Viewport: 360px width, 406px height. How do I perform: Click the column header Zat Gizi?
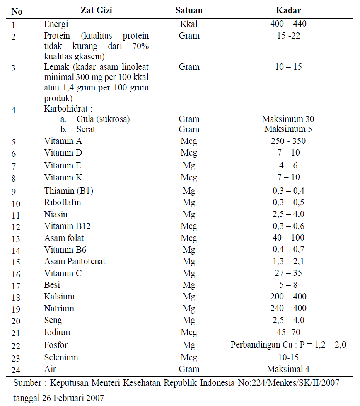(96, 11)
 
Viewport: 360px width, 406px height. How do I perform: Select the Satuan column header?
(189, 11)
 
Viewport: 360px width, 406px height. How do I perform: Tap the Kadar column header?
(288, 11)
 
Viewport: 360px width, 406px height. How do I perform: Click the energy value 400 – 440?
(288, 24)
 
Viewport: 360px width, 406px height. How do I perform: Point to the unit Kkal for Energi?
(189, 24)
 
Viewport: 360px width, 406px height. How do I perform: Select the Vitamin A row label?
(63, 141)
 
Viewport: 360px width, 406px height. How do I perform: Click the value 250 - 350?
(288, 141)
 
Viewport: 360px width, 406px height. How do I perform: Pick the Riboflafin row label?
(63, 202)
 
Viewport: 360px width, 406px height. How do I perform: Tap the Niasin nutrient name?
(56, 214)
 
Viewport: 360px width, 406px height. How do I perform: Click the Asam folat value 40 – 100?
(288, 238)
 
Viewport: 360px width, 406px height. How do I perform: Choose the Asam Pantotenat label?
(75, 261)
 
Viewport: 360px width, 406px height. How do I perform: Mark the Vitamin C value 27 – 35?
(288, 273)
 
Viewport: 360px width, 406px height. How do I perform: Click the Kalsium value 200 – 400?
(288, 297)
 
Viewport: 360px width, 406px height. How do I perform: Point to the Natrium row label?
(59, 309)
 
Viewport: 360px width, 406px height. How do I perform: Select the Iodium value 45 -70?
(288, 332)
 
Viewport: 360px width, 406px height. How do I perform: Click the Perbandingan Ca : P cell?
(288, 345)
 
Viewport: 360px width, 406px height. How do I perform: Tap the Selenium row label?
(61, 357)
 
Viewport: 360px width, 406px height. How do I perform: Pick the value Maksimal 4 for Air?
(288, 369)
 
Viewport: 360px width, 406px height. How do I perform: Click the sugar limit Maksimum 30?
(288, 119)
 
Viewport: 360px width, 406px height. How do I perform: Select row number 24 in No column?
(17, 370)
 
